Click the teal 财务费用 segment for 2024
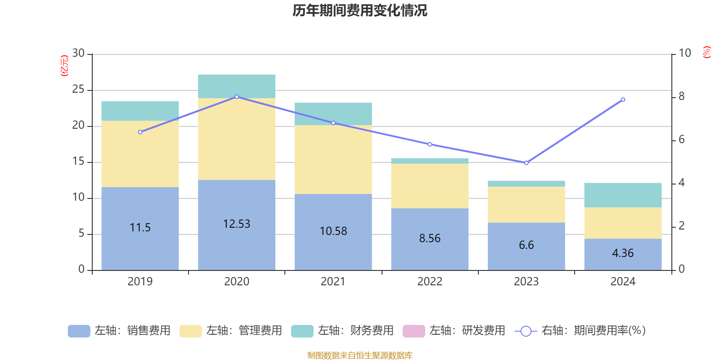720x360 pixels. coord(623,195)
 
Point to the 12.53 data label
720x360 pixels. coord(237,224)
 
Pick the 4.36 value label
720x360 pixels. coord(623,253)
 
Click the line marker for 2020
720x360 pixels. coord(237,97)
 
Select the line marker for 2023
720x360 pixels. coord(526,163)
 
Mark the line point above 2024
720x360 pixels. coord(623,99)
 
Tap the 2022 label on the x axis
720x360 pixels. coord(430,282)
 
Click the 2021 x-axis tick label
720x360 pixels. coord(333,282)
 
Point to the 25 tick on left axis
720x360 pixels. coord(78,90)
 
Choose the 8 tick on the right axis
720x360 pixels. coord(681,96)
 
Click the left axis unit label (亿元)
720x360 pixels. coord(64,66)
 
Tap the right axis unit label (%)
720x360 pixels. coord(706,52)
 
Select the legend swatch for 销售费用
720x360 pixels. coord(79,331)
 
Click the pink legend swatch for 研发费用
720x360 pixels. coord(414,331)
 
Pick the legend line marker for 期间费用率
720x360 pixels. coord(526,331)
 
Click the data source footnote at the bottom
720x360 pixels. coord(360,355)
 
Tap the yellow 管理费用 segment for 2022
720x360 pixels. coord(430,185)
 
